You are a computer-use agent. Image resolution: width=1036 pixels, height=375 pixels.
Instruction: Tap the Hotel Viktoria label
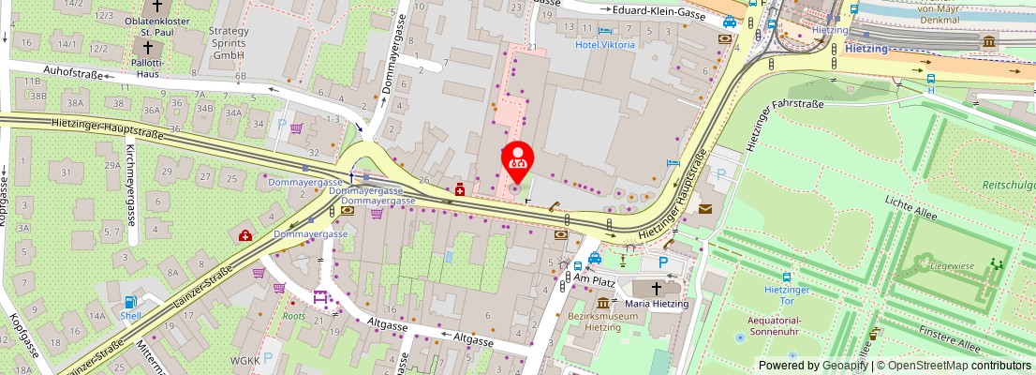tap(604, 44)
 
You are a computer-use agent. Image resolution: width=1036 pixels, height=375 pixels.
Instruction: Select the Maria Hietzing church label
tap(657, 304)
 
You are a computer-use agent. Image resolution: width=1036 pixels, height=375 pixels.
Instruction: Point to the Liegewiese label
tap(953, 265)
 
